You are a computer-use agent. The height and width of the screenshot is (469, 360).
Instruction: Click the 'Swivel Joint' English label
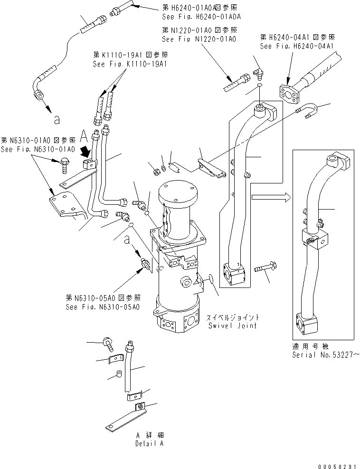click(232, 325)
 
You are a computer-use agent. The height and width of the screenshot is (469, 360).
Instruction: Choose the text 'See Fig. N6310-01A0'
click(38, 149)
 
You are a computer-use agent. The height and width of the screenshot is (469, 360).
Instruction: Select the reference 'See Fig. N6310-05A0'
click(103, 307)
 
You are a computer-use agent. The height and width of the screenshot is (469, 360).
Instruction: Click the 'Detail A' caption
click(149, 443)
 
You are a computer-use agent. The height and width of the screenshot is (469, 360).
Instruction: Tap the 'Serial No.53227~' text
click(325, 355)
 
